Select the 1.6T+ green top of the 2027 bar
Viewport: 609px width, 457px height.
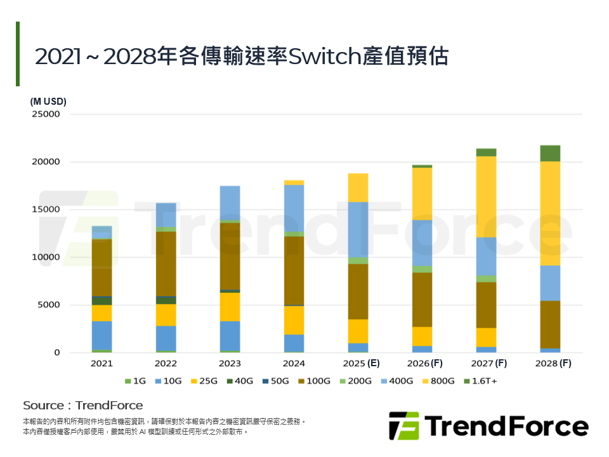click(486, 152)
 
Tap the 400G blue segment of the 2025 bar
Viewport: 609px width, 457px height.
click(358, 230)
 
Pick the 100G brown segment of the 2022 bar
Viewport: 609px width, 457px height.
click(166, 263)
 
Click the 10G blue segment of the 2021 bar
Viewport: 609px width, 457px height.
click(101, 335)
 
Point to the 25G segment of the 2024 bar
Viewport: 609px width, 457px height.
click(294, 320)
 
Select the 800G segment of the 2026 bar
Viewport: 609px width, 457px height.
click(422, 194)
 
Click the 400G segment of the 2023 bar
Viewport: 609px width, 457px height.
click(230, 202)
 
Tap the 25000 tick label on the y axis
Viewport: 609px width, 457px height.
click(45, 114)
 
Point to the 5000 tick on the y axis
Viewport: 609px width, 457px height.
click(48, 305)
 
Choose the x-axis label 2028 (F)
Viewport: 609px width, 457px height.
click(550, 364)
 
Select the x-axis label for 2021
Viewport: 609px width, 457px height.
click(101, 364)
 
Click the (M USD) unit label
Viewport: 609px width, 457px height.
click(48, 101)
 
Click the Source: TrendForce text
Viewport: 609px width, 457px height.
click(83, 405)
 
